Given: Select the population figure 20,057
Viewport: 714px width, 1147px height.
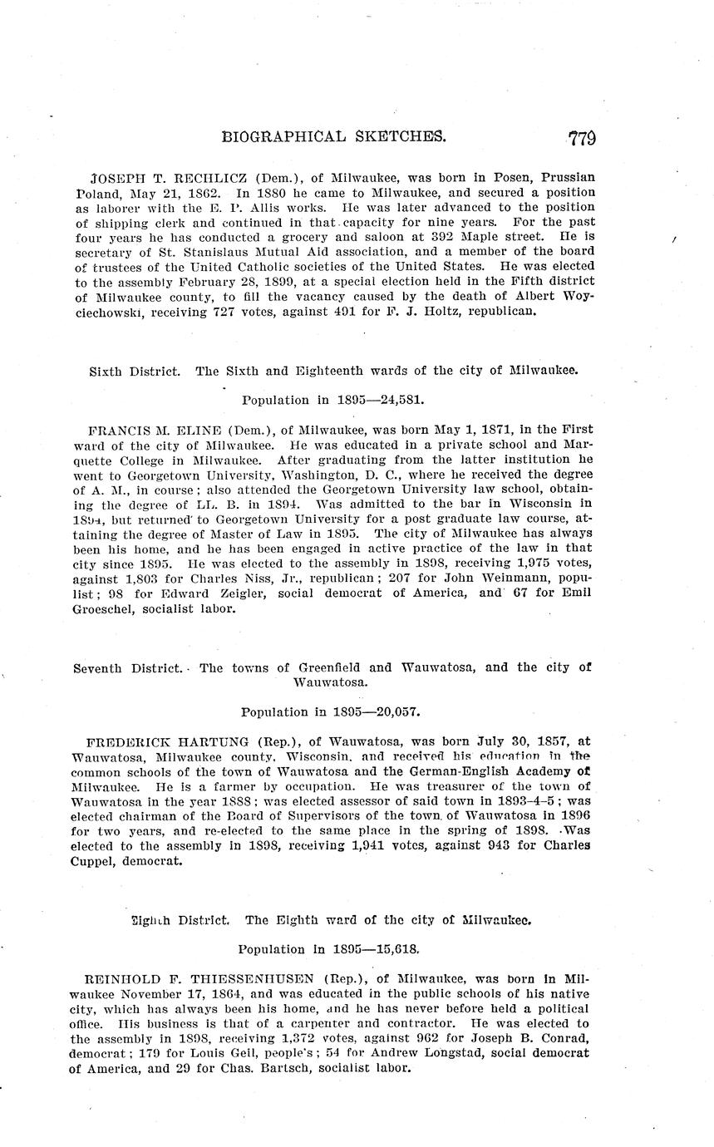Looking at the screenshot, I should coord(394,711).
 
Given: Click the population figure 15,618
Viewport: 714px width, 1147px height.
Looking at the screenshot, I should coord(393,948).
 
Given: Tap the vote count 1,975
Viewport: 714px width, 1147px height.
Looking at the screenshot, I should coord(507,563).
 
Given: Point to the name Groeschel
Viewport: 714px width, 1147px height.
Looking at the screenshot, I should coord(108,608).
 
